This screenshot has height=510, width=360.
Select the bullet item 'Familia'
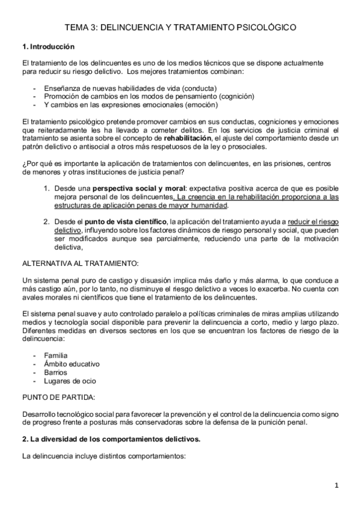[55, 355]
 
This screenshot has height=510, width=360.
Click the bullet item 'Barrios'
[56, 372]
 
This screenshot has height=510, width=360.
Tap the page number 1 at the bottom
[337, 485]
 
